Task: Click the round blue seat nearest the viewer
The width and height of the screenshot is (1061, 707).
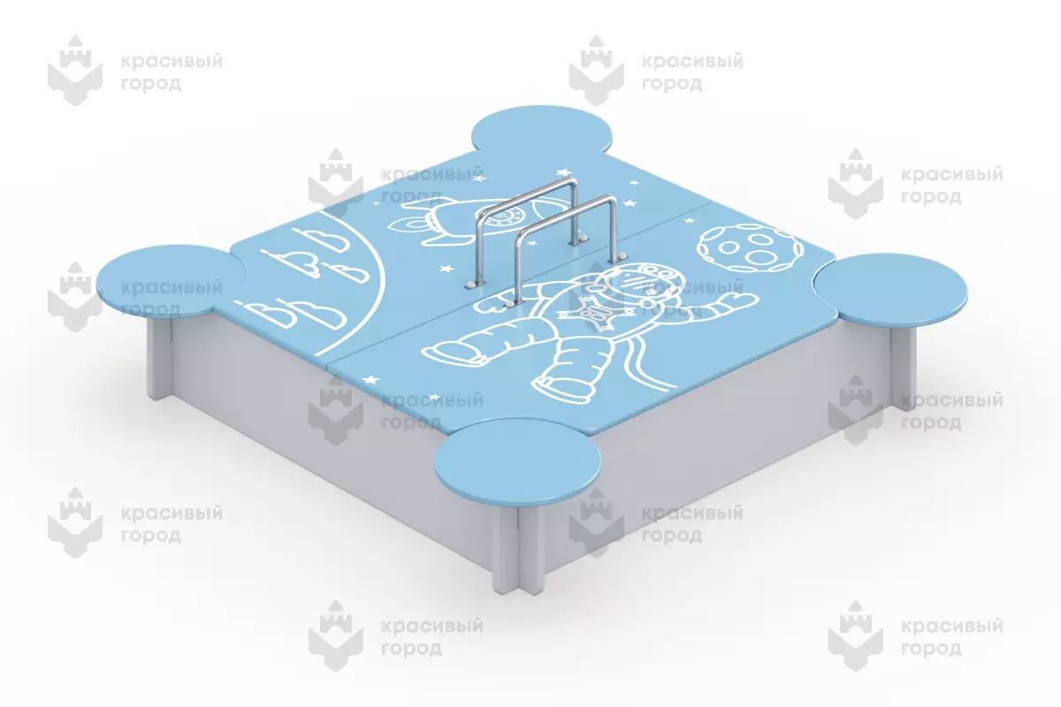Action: click(x=517, y=461)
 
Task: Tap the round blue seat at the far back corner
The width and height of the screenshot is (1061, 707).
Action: click(x=543, y=130)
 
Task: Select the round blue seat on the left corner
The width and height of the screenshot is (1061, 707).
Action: click(x=171, y=280)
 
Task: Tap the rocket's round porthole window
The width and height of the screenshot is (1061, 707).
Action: click(x=505, y=218)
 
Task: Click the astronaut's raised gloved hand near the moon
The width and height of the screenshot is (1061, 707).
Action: click(x=740, y=300)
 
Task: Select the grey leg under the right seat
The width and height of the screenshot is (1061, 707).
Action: click(x=904, y=367)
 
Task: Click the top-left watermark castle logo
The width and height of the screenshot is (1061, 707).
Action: click(x=75, y=70)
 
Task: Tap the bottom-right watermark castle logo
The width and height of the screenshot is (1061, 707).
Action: click(x=856, y=635)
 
